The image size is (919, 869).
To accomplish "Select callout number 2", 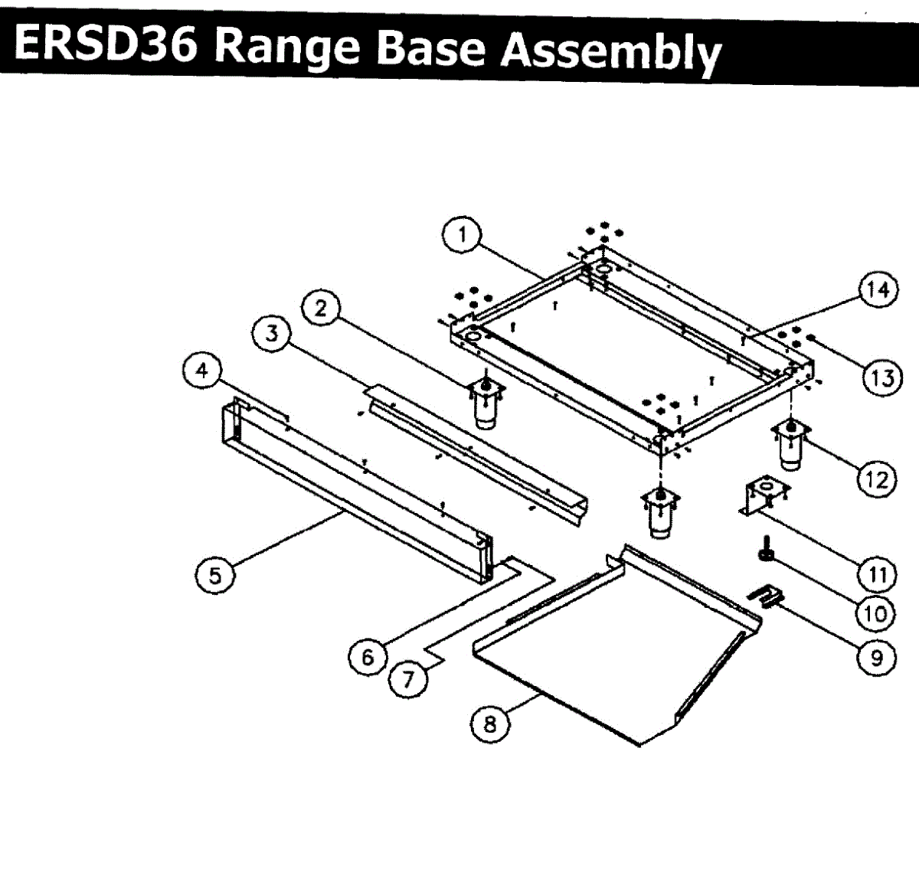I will click(x=321, y=309).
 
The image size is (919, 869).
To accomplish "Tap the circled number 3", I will click(x=272, y=335).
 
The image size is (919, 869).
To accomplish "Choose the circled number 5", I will click(x=215, y=574).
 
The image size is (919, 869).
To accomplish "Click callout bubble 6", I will click(x=368, y=657).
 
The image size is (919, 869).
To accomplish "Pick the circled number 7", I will click(x=408, y=678).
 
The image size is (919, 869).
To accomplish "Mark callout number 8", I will click(x=490, y=723).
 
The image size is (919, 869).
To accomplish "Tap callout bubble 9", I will click(x=876, y=657).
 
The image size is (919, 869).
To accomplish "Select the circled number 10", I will click(x=875, y=613).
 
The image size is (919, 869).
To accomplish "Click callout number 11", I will click(x=876, y=573).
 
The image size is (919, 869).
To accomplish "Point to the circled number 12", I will click(x=876, y=480).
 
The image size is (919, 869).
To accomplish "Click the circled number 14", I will click(x=878, y=290).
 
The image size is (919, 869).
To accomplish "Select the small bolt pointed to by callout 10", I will click(x=766, y=550).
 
